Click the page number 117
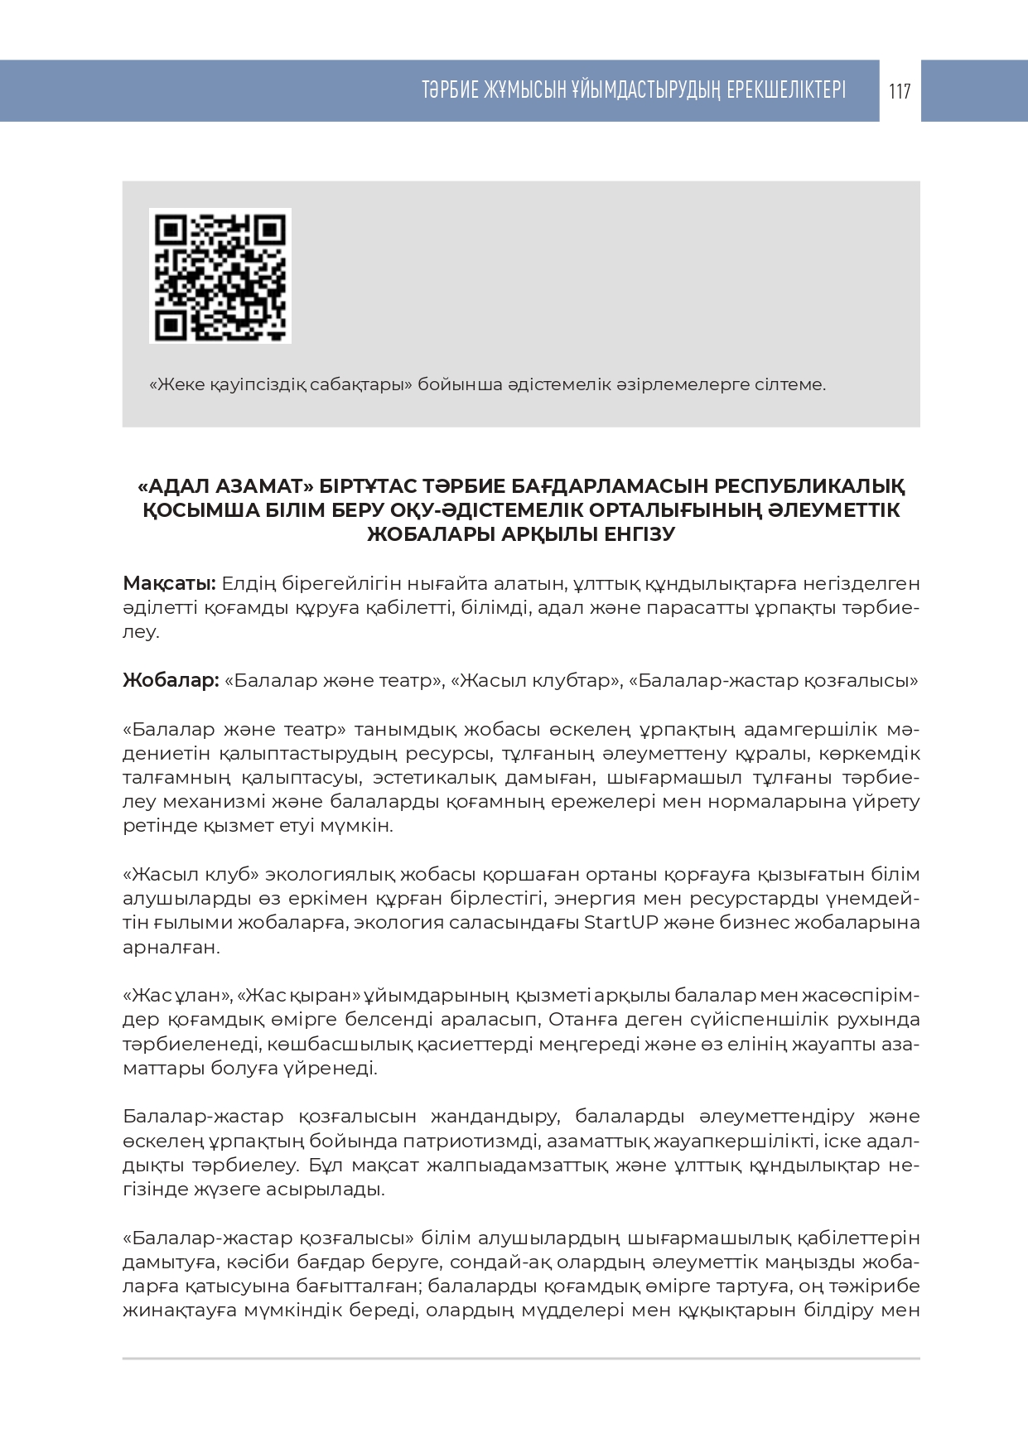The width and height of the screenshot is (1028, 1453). [x=900, y=91]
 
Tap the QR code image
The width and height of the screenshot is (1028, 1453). [x=220, y=275]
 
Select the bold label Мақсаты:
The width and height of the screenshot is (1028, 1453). [x=169, y=584]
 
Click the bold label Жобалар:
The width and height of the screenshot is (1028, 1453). [x=171, y=681]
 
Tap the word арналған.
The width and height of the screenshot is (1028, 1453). [x=171, y=948]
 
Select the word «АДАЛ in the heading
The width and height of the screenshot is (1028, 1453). [x=177, y=485]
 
